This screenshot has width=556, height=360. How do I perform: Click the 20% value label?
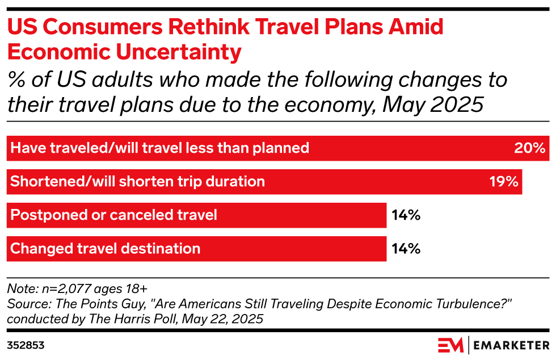tap(530, 148)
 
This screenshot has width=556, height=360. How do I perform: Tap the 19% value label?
tap(504, 182)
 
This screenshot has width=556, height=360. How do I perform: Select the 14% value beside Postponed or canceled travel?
tap(406, 215)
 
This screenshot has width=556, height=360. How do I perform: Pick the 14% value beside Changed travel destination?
tap(406, 249)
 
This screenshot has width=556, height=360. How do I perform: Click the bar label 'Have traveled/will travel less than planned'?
tap(160, 148)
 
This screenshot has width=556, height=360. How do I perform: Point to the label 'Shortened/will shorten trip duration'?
tap(138, 182)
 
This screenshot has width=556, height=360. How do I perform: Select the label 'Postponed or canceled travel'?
tap(114, 215)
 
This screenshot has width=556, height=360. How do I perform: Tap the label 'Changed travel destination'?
tap(106, 249)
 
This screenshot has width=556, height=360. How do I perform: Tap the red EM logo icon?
tap(450, 345)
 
